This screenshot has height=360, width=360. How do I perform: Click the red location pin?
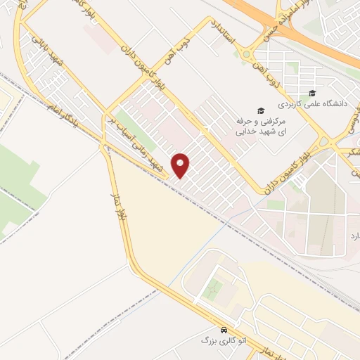[181, 165]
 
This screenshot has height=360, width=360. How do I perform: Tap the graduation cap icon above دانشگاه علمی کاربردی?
[312, 94]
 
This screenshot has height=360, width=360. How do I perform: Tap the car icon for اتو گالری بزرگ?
[224, 329]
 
